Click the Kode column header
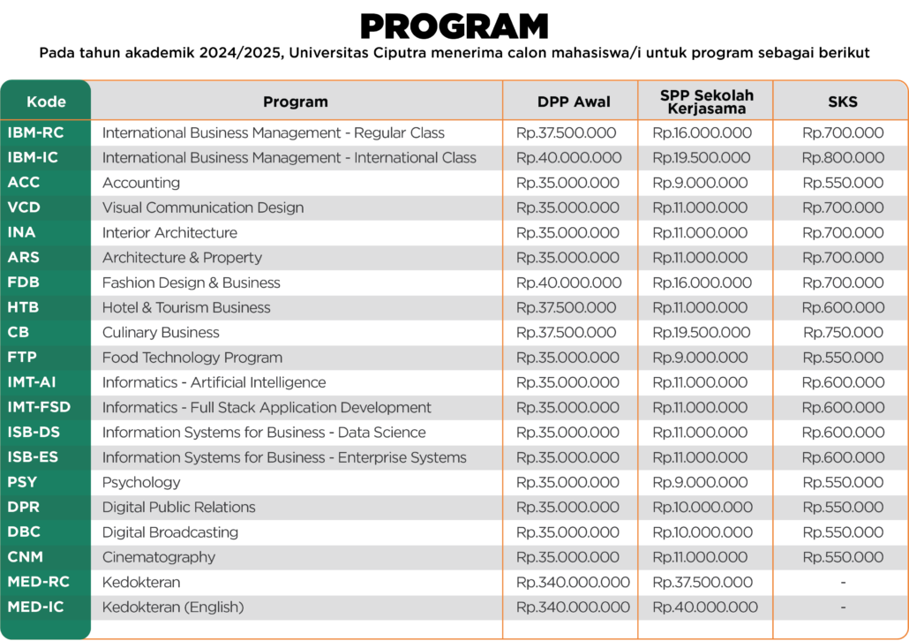click(46, 101)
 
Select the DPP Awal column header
click(574, 102)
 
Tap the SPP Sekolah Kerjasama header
click(706, 102)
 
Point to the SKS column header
click(843, 102)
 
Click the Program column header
click(295, 102)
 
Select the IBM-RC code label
click(36, 132)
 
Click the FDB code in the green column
click(23, 283)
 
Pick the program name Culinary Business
click(161, 333)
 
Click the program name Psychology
click(141, 482)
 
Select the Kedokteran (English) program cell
click(173, 607)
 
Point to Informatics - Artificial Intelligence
click(214, 382)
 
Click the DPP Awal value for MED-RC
click(573, 582)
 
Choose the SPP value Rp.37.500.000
click(702, 582)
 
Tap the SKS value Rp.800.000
click(843, 158)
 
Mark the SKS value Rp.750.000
click(843, 333)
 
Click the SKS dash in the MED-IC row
click(843, 607)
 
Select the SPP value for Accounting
click(700, 183)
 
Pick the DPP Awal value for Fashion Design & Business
click(568, 283)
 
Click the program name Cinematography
click(159, 557)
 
